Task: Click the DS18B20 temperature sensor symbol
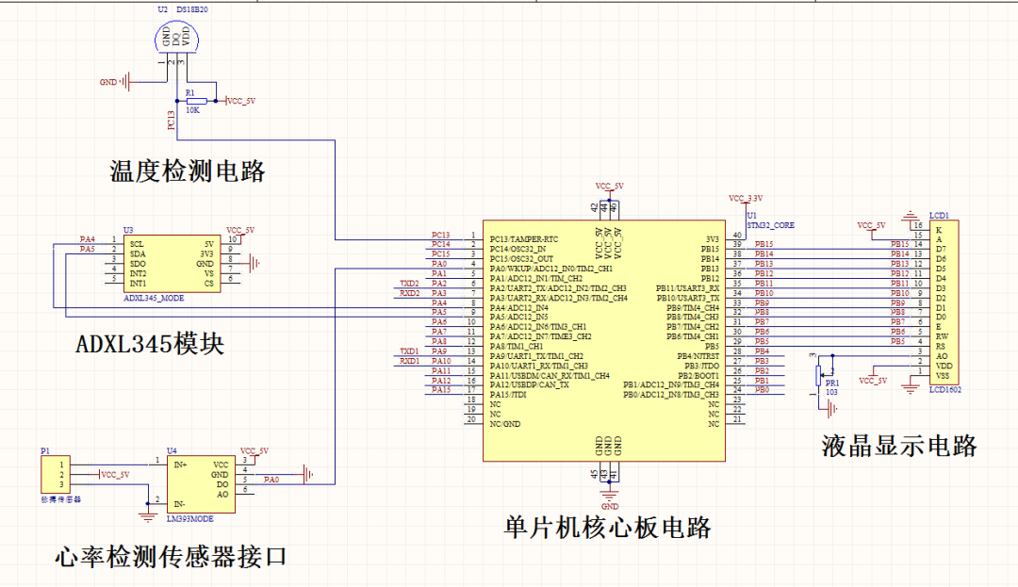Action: point(177,39)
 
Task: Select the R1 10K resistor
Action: point(196,101)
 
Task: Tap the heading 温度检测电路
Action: point(188,171)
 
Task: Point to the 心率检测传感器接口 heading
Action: point(171,557)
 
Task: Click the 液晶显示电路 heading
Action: point(899,446)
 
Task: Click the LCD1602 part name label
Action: point(945,389)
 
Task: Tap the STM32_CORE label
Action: point(770,226)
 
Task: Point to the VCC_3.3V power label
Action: point(745,199)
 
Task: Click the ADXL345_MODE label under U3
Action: point(154,297)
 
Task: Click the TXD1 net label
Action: point(409,351)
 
